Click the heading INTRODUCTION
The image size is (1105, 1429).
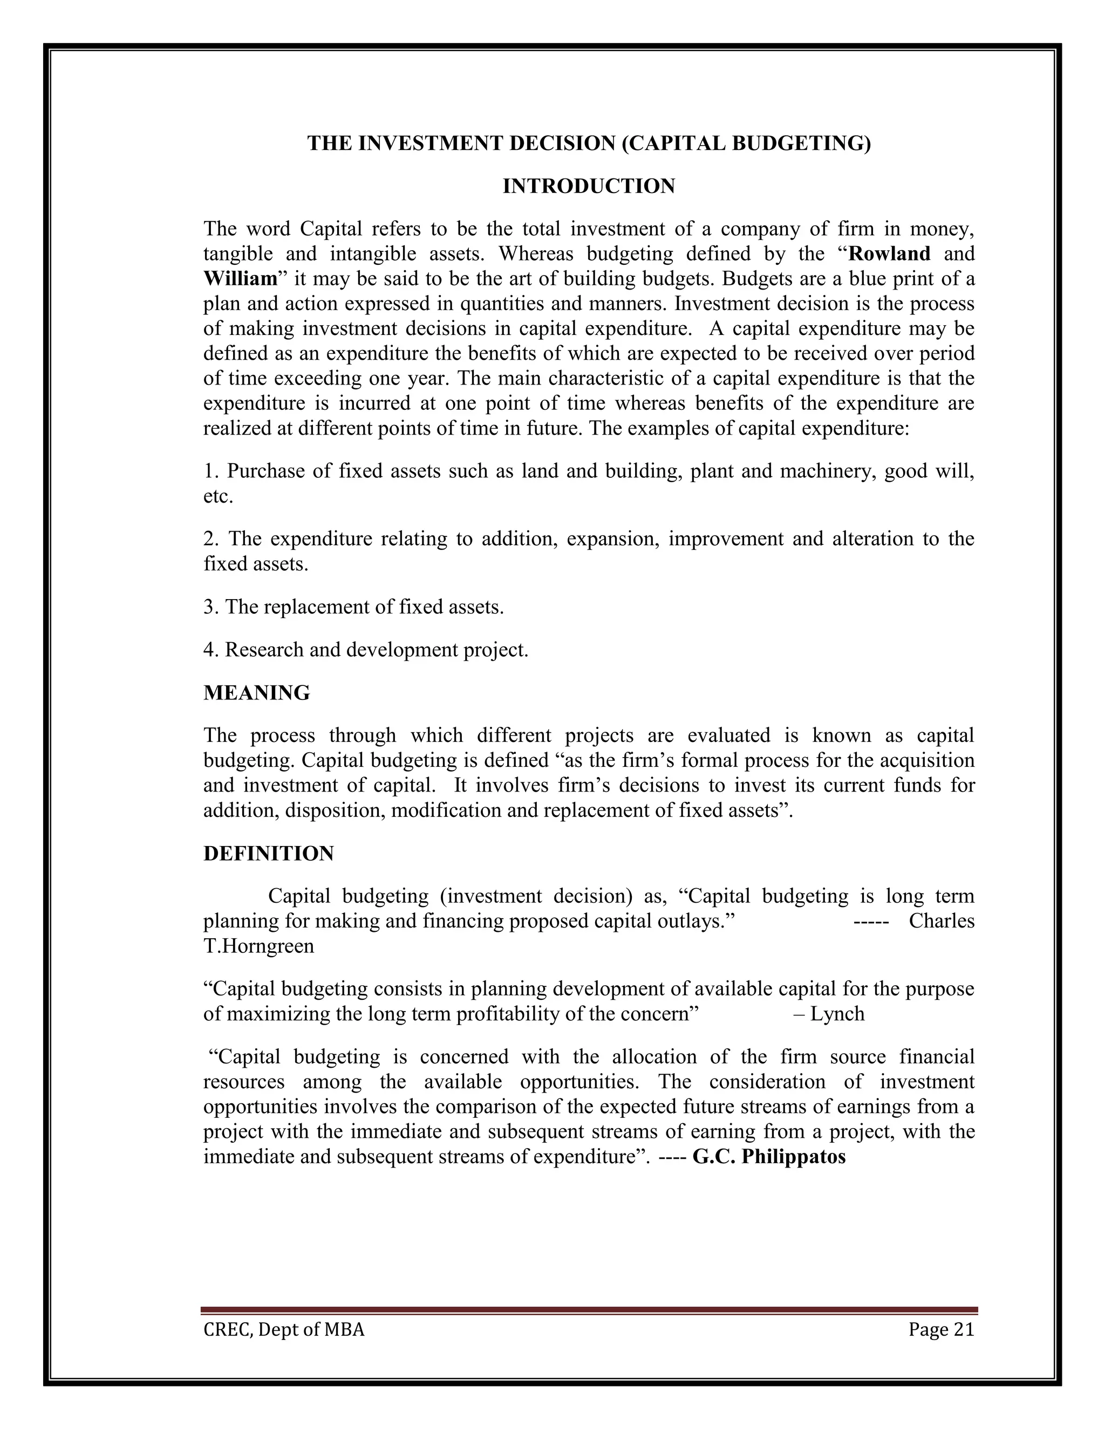click(x=589, y=187)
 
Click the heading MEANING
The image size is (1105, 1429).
click(x=257, y=693)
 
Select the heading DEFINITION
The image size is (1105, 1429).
click(x=268, y=854)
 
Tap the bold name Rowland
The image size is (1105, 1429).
click(x=889, y=254)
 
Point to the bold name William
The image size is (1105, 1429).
click(x=241, y=279)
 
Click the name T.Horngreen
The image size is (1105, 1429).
click(x=258, y=947)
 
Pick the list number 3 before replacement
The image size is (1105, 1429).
click(x=209, y=608)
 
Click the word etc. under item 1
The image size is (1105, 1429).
click(x=218, y=497)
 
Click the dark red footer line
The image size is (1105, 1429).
click(x=589, y=1310)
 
